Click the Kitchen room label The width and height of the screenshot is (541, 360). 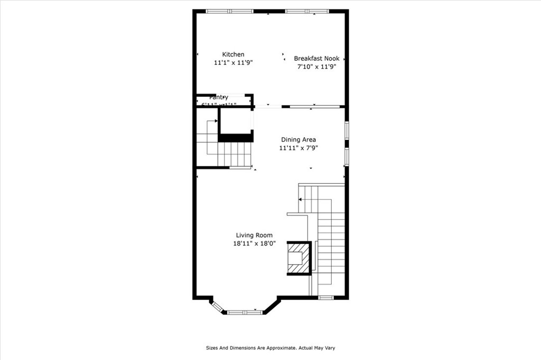point(233,54)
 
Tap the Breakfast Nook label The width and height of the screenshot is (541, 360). point(316,59)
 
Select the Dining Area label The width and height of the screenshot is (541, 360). point(298,140)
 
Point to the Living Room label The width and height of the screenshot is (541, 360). point(254,235)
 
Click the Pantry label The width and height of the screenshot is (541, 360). point(219,98)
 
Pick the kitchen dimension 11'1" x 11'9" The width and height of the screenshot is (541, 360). point(233,63)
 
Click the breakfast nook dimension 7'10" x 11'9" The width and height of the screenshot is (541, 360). point(316,67)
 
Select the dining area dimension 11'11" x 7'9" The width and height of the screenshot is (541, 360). point(298,148)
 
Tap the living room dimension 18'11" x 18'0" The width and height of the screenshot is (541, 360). point(254,244)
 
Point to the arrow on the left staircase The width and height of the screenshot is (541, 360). point(216,121)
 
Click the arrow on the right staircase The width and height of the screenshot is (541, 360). point(300,200)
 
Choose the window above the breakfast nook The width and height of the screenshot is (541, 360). point(307,11)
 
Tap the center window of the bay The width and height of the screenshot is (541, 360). point(245,312)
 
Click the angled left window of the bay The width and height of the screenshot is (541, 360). point(217,306)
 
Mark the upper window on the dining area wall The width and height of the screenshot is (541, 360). point(347,130)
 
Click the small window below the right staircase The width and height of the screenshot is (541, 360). point(326,298)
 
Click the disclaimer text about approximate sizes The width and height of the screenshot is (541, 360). point(270,348)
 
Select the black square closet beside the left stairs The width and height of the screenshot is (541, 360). point(235,122)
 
